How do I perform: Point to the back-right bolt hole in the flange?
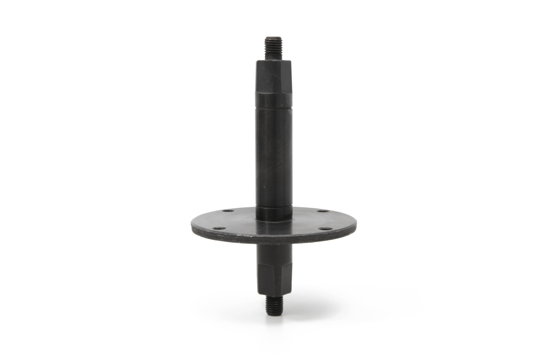tap(322, 211)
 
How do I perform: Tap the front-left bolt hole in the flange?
tap(218, 228)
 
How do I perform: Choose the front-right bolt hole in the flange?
tap(325, 229)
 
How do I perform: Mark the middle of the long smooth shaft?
tap(273, 157)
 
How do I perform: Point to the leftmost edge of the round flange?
tap(192, 226)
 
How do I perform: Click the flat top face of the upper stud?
tap(273, 38)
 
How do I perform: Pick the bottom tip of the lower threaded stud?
tap(273, 315)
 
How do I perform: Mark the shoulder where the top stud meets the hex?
tap(273, 60)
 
